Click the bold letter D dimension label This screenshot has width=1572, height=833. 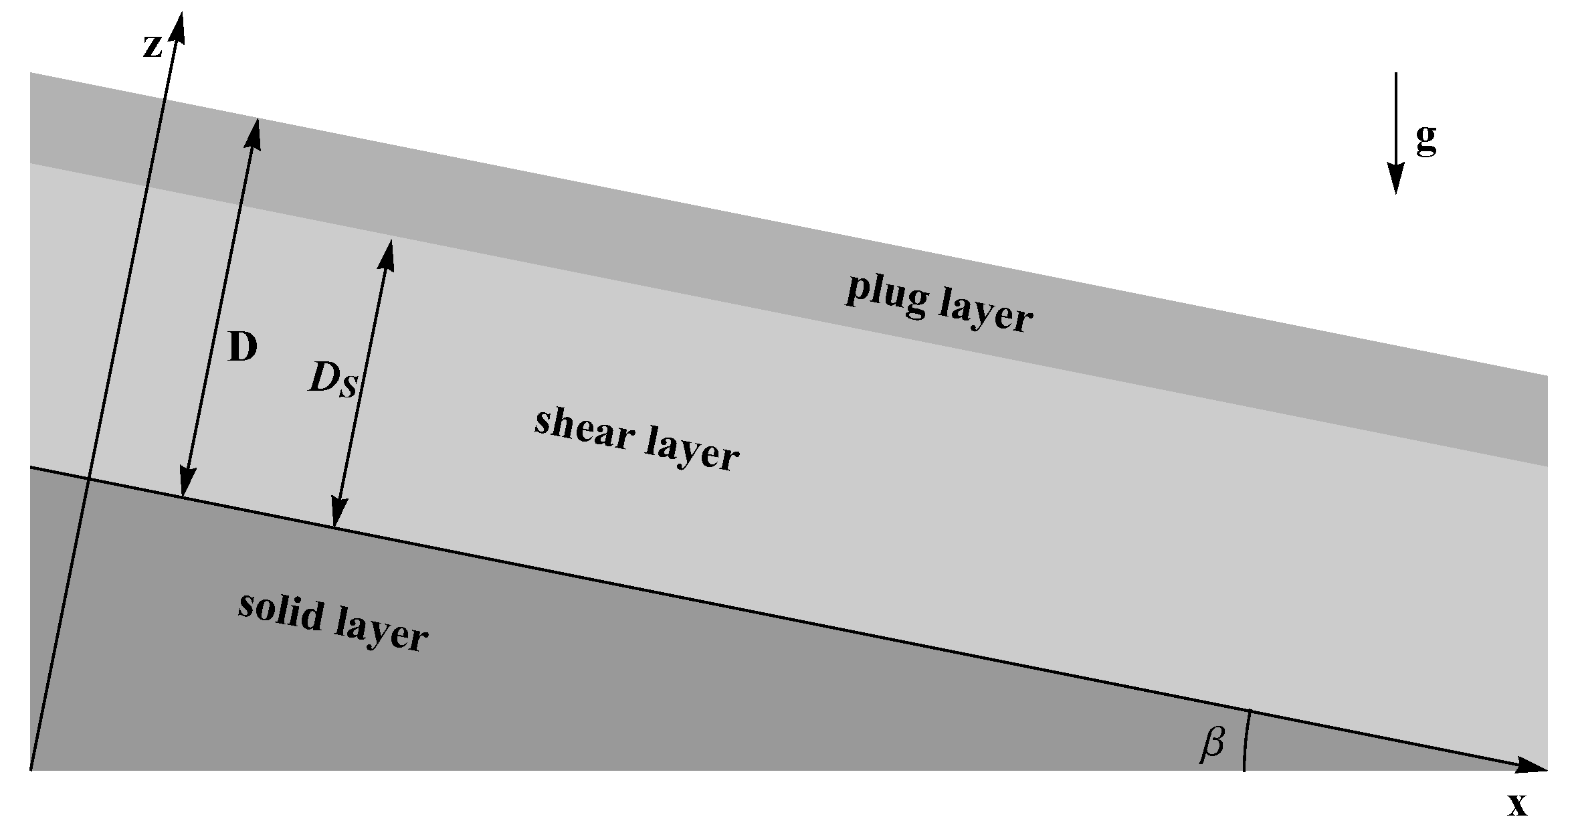tap(242, 348)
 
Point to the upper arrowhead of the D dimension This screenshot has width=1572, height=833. tap(254, 132)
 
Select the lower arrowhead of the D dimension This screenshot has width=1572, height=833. tap(185, 483)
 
